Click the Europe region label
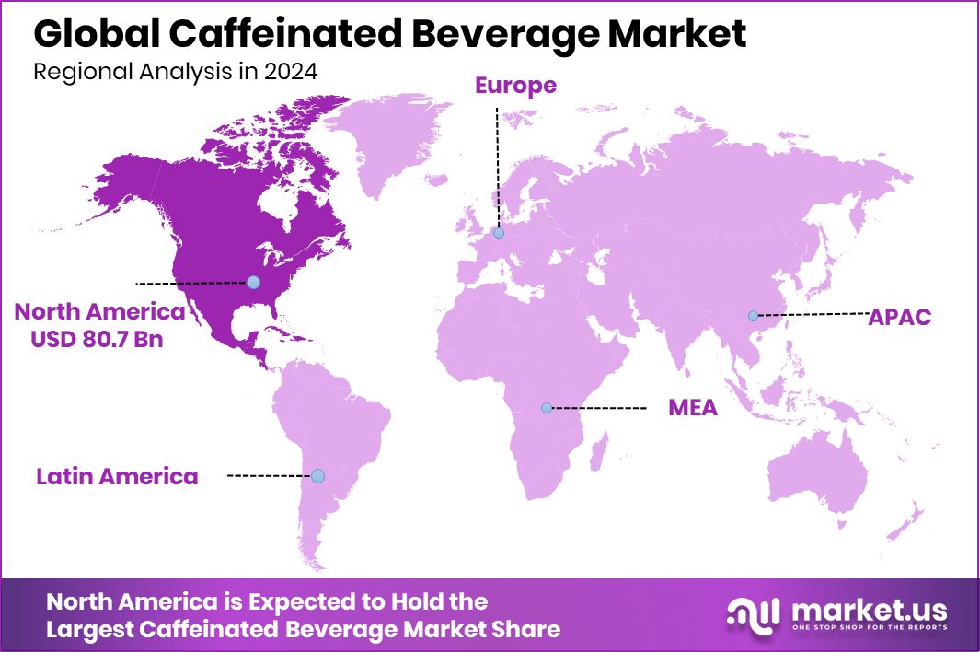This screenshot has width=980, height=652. tap(515, 86)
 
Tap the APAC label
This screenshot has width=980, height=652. tap(900, 318)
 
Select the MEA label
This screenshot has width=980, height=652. tap(692, 408)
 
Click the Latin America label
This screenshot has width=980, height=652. tap(117, 476)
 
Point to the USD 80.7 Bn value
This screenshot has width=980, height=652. tap(97, 339)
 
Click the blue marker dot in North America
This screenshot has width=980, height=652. tap(253, 283)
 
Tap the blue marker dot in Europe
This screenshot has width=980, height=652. tap(499, 233)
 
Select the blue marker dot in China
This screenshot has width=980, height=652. tap(753, 316)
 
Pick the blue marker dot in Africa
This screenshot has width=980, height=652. tap(547, 407)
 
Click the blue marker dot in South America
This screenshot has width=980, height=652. tap(317, 476)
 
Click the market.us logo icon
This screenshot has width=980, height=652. tap(752, 614)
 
